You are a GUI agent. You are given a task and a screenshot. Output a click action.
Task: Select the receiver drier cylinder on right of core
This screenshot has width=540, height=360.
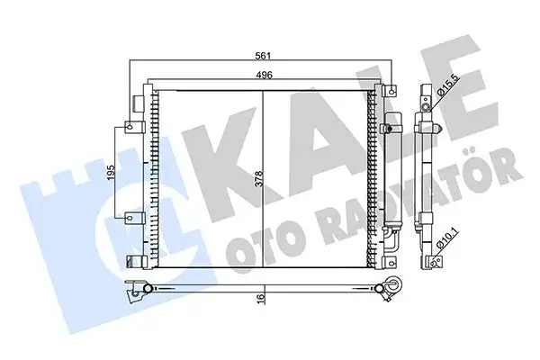pyautogui.click(x=390, y=180)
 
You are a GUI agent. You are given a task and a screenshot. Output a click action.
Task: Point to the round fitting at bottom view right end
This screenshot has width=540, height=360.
pyautogui.click(x=394, y=286)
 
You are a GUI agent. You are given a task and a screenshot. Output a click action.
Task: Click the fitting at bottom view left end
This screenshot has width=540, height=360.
pyautogui.click(x=137, y=287)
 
